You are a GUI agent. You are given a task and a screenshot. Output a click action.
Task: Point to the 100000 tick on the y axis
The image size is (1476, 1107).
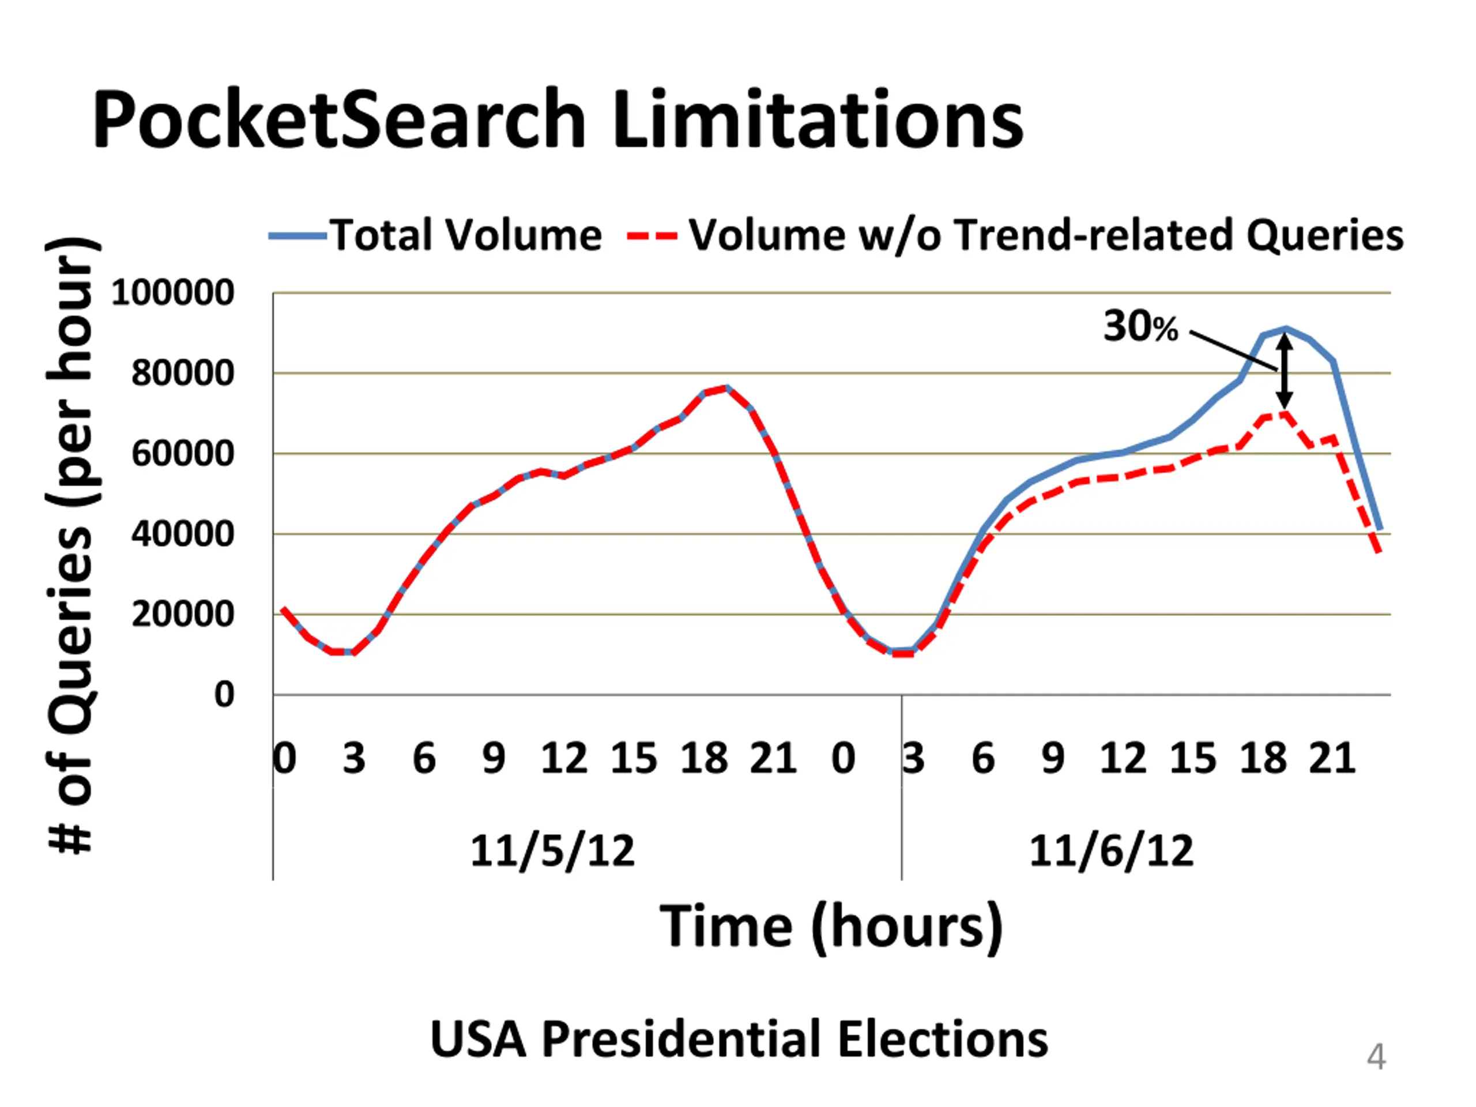point(173,292)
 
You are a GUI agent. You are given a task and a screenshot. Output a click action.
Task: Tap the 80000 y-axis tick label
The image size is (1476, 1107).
point(182,373)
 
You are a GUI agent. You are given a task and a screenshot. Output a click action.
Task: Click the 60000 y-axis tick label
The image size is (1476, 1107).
point(182,454)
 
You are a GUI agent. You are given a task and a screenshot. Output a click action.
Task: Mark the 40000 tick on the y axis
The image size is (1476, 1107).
point(182,534)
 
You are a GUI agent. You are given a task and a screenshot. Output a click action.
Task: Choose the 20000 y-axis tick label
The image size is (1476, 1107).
point(182,614)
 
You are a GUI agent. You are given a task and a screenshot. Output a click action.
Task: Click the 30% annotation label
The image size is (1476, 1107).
point(1140,327)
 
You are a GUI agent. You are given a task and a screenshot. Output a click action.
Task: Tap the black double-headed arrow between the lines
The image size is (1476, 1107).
point(1285,371)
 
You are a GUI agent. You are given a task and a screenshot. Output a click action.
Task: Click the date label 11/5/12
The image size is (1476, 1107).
point(552,851)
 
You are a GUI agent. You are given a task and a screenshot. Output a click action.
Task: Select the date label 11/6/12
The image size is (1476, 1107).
point(1111,851)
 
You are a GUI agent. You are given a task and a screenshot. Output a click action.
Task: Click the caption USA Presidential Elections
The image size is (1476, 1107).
point(739,1039)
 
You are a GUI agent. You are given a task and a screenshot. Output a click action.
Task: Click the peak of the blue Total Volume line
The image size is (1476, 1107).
point(1285,328)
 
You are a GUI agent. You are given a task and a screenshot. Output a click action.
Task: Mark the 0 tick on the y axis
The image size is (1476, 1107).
point(224,695)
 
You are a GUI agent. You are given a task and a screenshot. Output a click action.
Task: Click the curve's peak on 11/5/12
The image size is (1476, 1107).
point(726,387)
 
